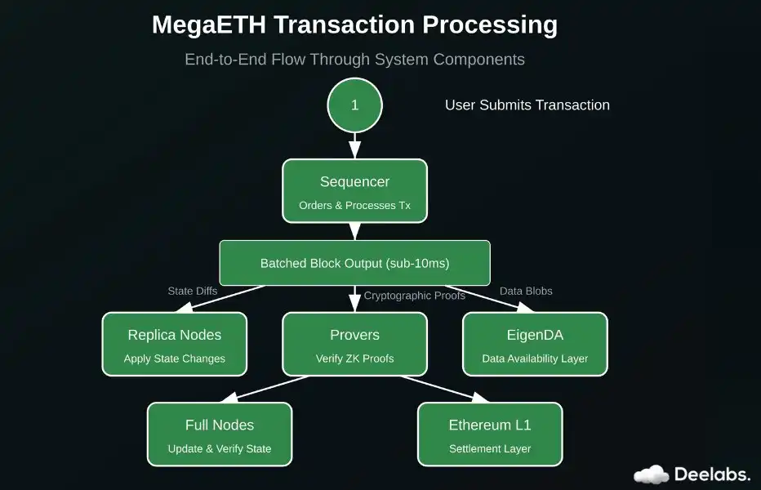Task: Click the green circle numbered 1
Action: point(354,105)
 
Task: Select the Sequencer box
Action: point(354,190)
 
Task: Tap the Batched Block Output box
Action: point(354,263)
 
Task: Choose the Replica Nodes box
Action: point(174,344)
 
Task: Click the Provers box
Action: point(354,344)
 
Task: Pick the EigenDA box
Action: point(535,344)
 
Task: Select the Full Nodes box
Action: point(219,434)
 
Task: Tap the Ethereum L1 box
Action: point(490,434)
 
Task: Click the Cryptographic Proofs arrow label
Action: point(415,295)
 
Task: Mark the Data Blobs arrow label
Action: point(526,291)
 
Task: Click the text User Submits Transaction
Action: point(527,105)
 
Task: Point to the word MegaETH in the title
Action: point(208,25)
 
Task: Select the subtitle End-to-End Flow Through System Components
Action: point(354,60)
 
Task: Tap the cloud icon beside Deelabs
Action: point(651,474)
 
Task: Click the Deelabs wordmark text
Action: point(712,474)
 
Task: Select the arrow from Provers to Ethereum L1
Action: point(445,389)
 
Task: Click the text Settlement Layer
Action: point(490,448)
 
